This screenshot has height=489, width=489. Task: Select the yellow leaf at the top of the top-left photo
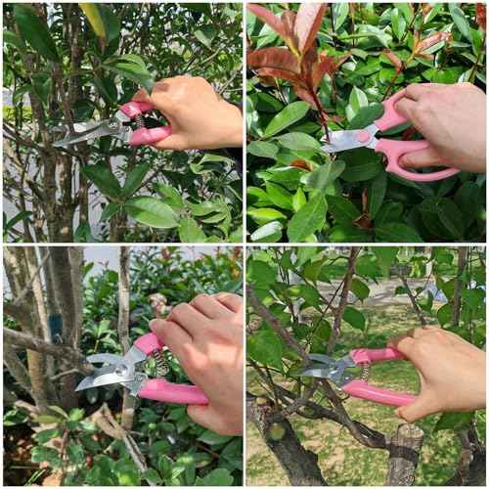click(x=94, y=19)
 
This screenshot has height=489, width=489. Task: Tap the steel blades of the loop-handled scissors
click(x=342, y=140)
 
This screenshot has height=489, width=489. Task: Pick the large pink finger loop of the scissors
click(x=421, y=160)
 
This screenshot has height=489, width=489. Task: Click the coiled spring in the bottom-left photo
click(x=159, y=364)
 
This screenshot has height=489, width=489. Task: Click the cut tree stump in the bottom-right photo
click(x=404, y=454)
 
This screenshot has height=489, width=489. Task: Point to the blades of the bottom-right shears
click(x=323, y=369)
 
